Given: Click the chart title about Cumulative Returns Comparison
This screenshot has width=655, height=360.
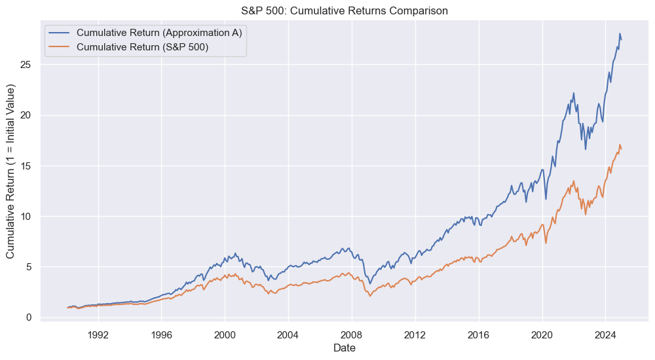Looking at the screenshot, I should (x=345, y=10).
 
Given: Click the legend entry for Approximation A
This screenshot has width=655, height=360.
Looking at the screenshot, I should (x=159, y=33).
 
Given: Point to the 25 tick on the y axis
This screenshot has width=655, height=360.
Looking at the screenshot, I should (x=29, y=65).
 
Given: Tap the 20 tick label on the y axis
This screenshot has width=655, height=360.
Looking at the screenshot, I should (x=29, y=115).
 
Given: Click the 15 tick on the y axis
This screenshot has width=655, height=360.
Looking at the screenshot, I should (x=29, y=166).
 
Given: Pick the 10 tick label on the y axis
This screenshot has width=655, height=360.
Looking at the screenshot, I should (x=29, y=216).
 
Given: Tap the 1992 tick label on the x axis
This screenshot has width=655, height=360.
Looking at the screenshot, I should (x=98, y=333).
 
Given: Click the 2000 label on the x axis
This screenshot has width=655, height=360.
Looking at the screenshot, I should (x=225, y=333).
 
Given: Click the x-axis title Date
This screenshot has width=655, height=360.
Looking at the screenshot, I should (x=345, y=348).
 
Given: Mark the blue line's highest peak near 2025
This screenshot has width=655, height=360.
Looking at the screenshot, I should (x=620, y=33).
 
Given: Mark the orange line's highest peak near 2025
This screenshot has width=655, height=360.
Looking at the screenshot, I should (x=620, y=145).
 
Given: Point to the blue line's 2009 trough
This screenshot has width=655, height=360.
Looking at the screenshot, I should (x=370, y=283).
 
